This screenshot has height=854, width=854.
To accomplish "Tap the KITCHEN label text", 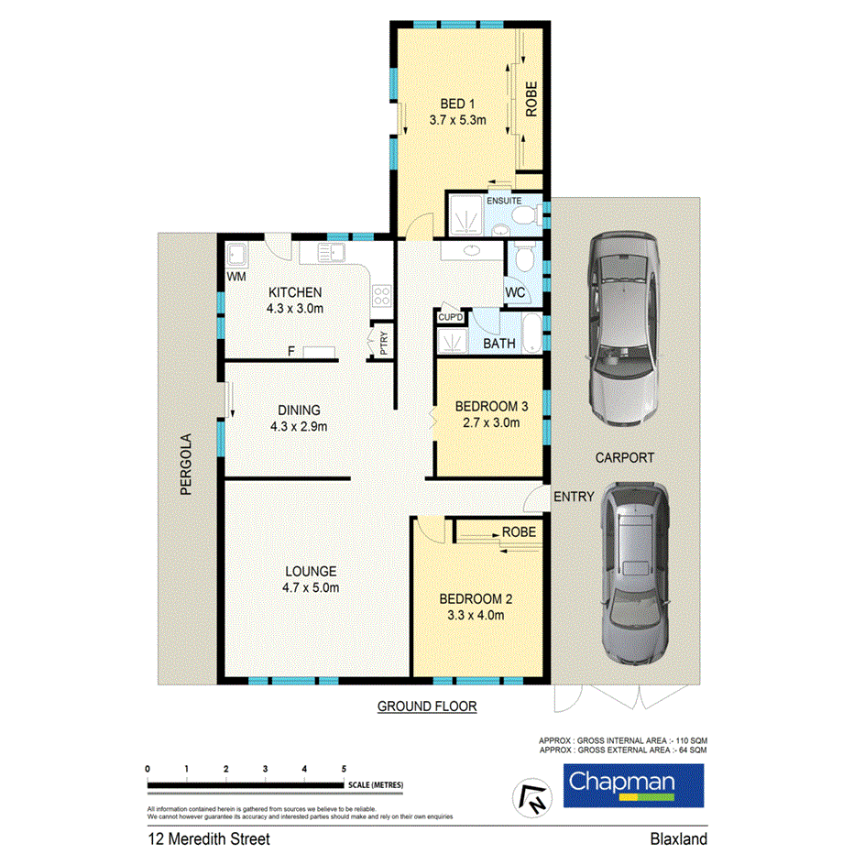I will (x=295, y=292).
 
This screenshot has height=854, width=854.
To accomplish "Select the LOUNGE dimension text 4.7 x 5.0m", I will (x=311, y=587).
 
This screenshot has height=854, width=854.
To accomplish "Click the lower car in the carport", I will (x=635, y=575).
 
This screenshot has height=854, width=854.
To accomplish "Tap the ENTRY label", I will (x=575, y=496).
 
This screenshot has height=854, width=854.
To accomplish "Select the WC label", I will (x=516, y=293).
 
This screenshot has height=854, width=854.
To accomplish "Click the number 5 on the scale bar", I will (x=344, y=768).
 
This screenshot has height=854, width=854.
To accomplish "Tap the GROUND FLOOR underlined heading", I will (x=427, y=706).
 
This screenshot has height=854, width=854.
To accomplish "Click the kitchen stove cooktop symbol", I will (x=381, y=295).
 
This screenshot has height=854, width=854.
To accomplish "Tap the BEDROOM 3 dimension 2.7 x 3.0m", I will (x=489, y=422).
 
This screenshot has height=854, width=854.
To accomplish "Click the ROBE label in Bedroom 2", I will (x=513, y=531).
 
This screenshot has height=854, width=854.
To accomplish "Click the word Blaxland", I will (x=678, y=838).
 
